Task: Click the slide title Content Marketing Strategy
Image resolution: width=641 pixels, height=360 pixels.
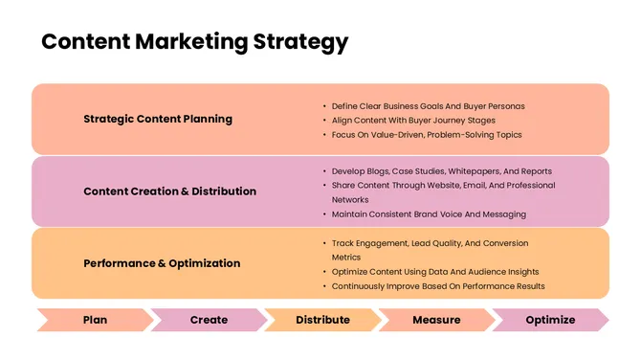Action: tap(194, 42)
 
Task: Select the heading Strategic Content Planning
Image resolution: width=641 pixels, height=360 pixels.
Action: tap(158, 120)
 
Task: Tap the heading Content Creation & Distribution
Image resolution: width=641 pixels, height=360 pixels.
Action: tap(169, 191)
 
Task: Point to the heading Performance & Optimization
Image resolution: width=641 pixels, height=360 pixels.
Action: tap(162, 262)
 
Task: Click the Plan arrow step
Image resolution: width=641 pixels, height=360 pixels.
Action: tap(95, 320)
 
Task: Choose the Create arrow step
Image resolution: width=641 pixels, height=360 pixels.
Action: tap(209, 320)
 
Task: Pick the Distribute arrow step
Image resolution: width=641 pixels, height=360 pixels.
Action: tap(322, 320)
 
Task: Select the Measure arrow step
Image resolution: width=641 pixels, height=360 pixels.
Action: tap(436, 320)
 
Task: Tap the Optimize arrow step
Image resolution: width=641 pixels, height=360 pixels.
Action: tap(550, 320)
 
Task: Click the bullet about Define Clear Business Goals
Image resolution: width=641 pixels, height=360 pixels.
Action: tap(428, 105)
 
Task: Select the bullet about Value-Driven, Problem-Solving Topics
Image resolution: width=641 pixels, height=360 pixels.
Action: tap(427, 135)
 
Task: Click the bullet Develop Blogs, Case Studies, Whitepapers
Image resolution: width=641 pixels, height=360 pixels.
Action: tap(441, 170)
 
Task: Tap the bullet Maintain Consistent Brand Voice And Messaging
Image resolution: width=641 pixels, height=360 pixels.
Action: tap(429, 214)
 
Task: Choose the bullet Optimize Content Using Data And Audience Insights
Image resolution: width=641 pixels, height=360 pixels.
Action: tap(435, 272)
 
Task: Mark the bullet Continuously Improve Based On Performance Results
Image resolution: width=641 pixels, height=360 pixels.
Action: tap(438, 286)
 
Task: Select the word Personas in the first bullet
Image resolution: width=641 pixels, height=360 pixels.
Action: tap(506, 105)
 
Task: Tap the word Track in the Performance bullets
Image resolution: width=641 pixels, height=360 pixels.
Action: tap(343, 243)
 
